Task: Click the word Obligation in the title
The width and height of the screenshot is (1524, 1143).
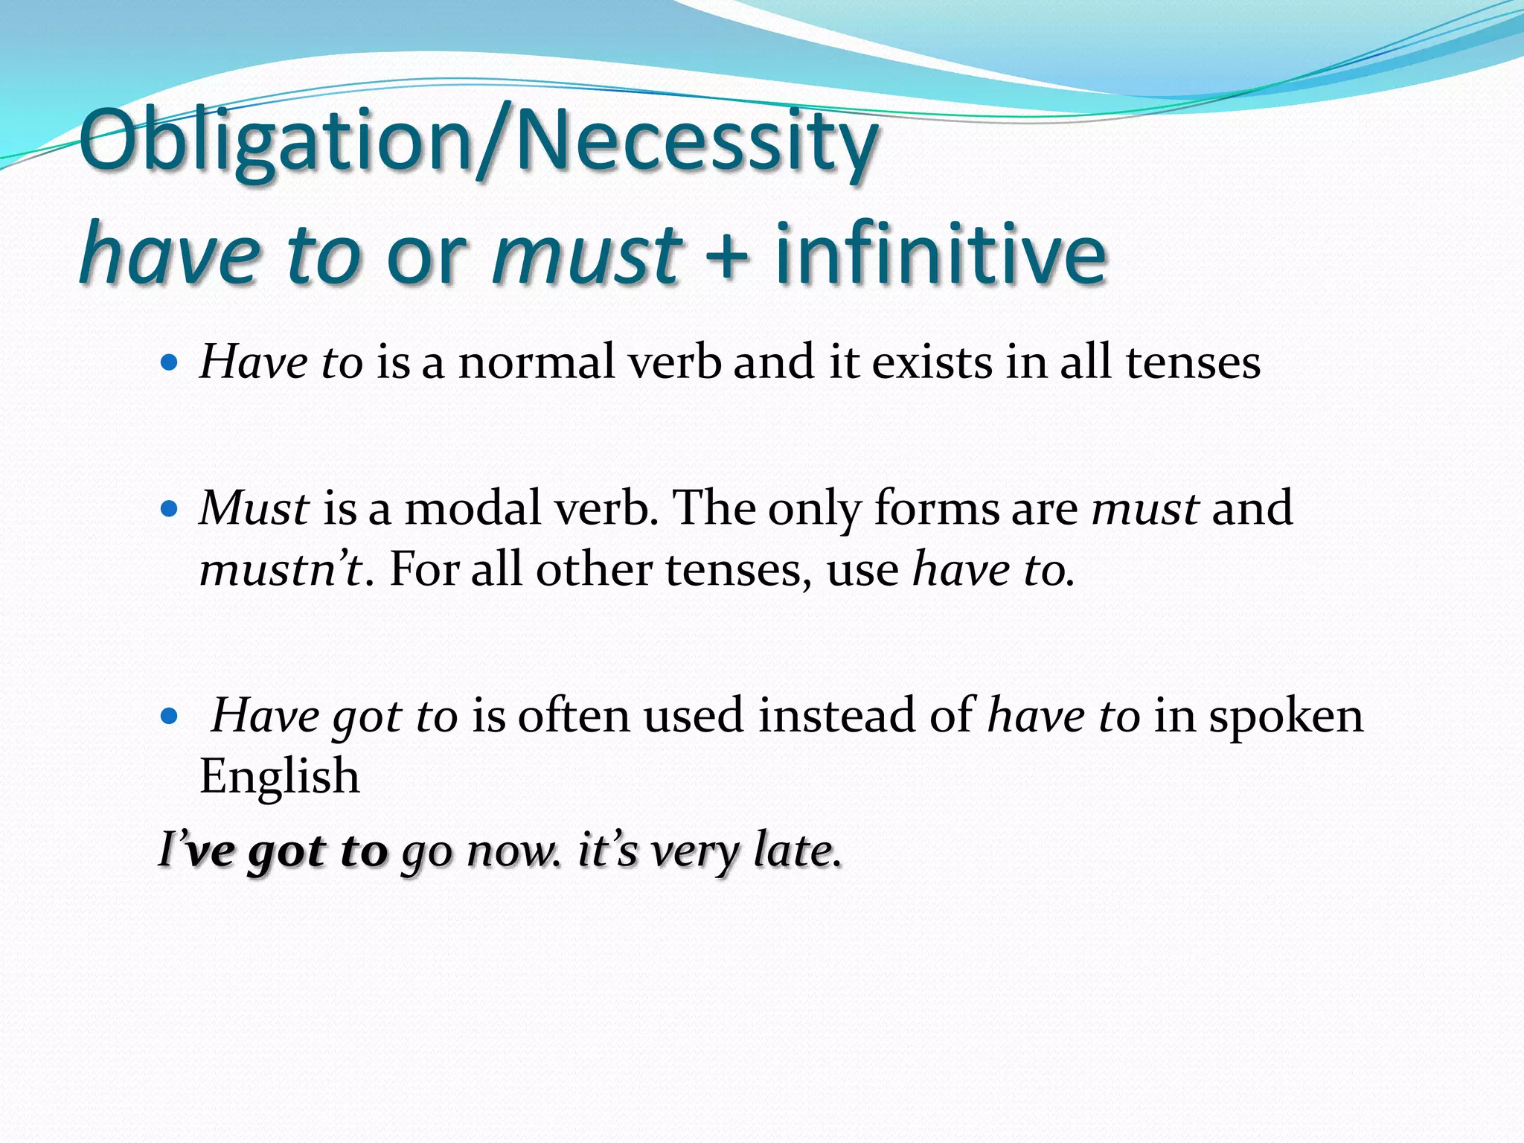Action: click(x=275, y=141)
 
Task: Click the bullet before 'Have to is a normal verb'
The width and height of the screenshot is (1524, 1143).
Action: click(x=170, y=363)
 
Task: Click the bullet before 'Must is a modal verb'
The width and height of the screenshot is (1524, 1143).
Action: click(x=170, y=509)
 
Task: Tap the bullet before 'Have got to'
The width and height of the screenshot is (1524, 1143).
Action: click(x=170, y=716)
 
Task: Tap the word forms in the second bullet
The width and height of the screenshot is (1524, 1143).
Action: click(x=936, y=508)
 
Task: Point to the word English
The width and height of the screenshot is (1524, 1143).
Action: click(x=280, y=777)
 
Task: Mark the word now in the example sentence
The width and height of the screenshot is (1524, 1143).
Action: click(x=510, y=851)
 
